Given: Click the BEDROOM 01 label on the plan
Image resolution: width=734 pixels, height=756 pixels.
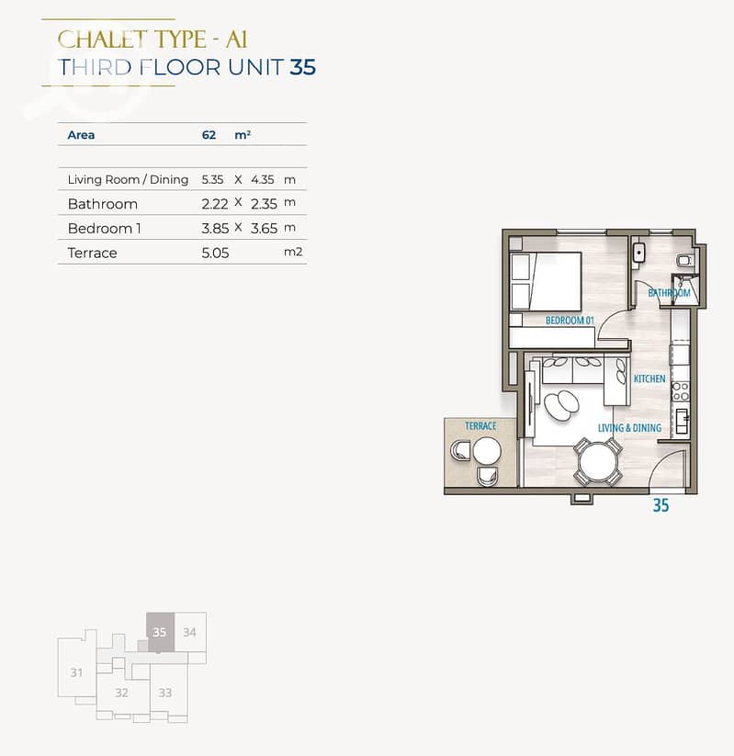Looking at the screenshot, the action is point(570,321).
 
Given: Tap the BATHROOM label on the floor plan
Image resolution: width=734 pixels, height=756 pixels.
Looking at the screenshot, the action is point(669,293).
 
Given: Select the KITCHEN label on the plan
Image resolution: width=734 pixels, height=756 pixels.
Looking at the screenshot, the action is point(649,379).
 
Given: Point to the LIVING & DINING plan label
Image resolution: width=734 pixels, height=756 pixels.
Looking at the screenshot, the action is point(629,428).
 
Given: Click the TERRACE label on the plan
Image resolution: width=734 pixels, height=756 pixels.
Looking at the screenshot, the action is point(480,425).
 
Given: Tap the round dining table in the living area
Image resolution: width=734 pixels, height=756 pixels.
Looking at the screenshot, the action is point(598,462).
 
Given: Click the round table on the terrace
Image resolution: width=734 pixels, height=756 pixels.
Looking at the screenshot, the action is point(487,451).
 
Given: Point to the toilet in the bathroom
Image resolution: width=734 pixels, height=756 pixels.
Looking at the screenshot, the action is point(684,261).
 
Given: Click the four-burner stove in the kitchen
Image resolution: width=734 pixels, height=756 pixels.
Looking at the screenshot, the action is point(681,391).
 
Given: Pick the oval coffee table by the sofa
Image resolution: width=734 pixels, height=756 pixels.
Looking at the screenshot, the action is point(561,404).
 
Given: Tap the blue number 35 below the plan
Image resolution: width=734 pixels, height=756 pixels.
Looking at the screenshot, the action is point(661,505).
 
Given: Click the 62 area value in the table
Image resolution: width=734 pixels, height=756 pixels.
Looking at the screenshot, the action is point(209,134).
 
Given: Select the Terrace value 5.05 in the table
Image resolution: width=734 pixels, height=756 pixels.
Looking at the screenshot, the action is point(215,253).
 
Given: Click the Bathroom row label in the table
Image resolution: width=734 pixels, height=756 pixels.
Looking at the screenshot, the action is point(102,204).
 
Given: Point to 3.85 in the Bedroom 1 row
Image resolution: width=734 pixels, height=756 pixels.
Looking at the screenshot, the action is point(215,228).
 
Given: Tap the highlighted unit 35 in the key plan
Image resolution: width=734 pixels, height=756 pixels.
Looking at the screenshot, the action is point(160,632).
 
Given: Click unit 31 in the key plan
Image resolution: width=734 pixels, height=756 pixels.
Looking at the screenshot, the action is point(76,672).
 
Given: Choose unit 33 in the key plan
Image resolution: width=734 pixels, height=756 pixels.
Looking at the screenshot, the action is point(165,693).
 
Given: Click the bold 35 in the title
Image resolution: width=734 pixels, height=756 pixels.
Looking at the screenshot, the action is point(302,67).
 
